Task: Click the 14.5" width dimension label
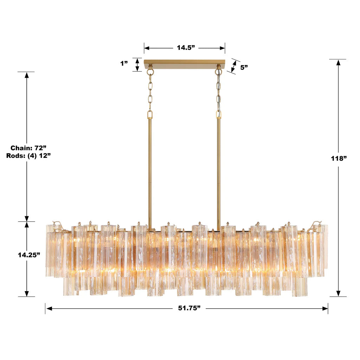(186, 48)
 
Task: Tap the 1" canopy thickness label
(124, 64)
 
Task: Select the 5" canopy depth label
(244, 67)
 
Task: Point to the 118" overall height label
(338, 158)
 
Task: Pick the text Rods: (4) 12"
(28, 156)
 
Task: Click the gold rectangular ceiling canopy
(184, 64)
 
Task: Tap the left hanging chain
(150, 91)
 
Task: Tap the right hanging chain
(219, 91)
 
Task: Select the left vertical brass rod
(150, 172)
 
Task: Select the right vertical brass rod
(219, 172)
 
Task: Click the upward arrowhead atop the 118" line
(338, 63)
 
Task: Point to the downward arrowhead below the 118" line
(338, 293)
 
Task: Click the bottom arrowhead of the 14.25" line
(27, 293)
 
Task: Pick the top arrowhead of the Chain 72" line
(27, 75)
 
